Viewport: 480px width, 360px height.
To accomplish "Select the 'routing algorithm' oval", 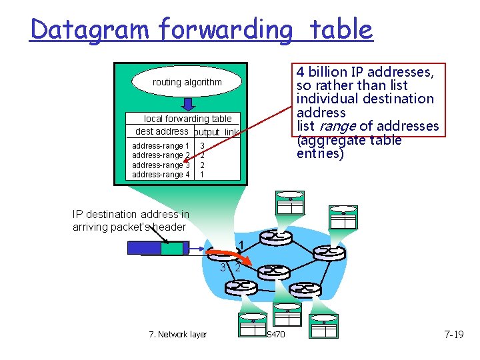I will pos(187,82).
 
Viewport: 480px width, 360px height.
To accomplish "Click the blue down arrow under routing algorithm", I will pos(188,104).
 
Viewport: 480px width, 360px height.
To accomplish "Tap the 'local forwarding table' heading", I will pos(188,119).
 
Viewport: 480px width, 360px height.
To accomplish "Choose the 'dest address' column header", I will pos(161,131).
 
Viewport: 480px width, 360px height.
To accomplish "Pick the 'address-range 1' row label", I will pos(161,146).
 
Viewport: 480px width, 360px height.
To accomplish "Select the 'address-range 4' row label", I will pos(161,175).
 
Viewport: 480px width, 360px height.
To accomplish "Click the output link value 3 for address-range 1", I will pos(202,146).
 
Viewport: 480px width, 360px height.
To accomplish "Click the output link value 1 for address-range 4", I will pos(202,175).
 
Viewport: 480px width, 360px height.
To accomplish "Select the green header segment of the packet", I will pos(172,248).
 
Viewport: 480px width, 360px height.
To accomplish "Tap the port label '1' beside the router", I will pos(241,243).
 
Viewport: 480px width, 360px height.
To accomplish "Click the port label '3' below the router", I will pos(223,267).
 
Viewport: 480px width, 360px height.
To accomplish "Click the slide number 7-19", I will pos(453,334).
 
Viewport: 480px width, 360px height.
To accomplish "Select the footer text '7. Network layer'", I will pos(177,335).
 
